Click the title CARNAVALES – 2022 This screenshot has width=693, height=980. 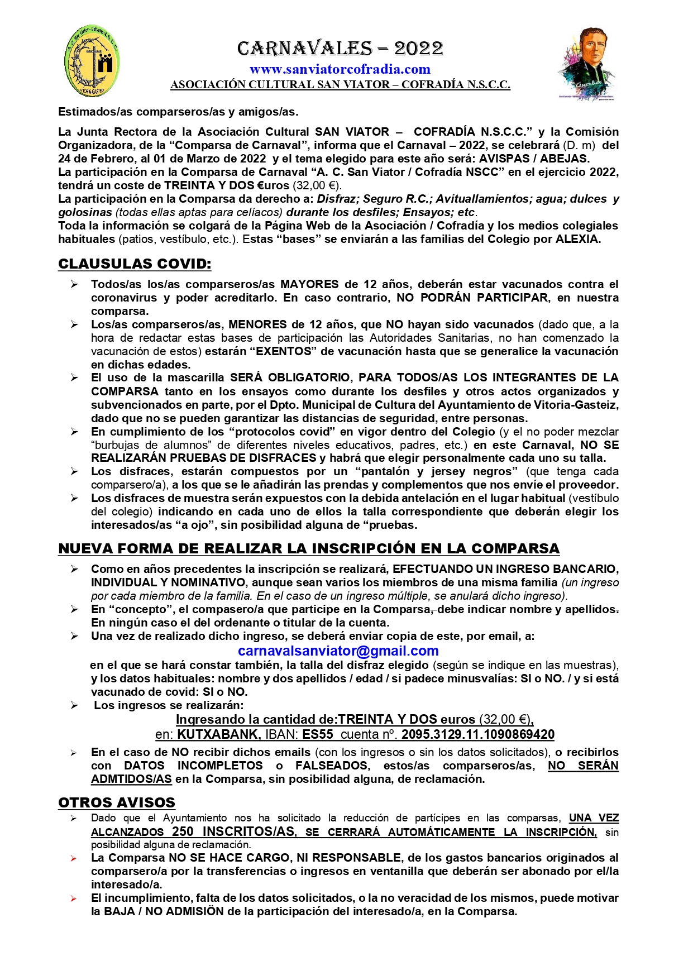coord(340,49)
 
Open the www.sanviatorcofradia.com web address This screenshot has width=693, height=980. coord(340,69)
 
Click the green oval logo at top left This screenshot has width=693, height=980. coord(92,61)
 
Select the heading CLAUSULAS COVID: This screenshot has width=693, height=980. coord(135,264)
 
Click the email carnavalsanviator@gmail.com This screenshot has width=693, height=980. coord(338,651)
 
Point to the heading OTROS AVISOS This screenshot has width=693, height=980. coord(117,802)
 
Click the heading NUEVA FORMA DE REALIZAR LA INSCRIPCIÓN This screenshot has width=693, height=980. coord(309,548)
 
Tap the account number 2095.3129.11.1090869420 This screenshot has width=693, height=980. coord(477,734)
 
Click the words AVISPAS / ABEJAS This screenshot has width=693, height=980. coord(534,158)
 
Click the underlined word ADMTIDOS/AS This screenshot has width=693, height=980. coord(131,779)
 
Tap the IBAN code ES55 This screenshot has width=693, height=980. coord(318,734)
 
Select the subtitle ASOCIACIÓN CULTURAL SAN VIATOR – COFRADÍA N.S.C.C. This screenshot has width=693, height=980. coord(340,85)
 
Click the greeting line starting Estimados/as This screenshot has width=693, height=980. coord(178,112)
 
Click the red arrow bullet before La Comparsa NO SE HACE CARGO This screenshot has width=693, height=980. coord(74,858)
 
